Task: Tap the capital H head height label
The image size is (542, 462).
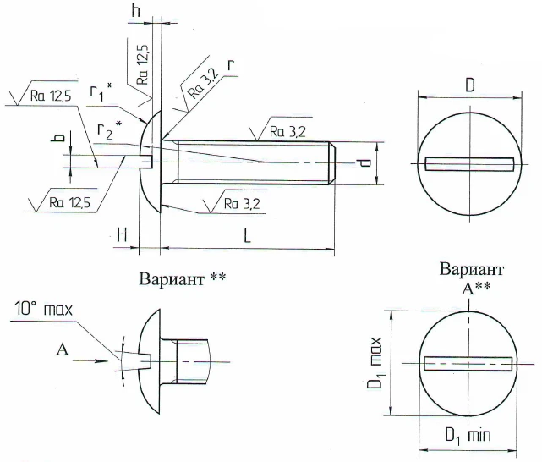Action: [123, 238]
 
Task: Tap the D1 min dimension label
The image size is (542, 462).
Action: [468, 437]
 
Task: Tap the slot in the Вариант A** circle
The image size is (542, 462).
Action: [469, 364]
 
